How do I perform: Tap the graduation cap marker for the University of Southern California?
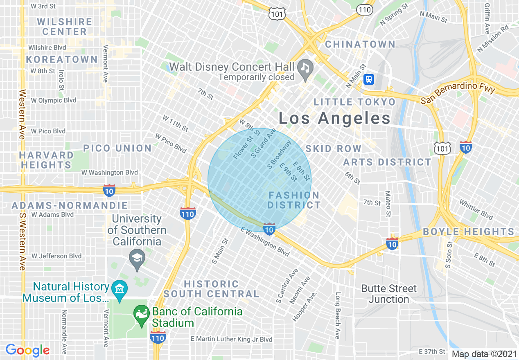click(137, 258)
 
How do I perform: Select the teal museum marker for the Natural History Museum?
click(120, 290)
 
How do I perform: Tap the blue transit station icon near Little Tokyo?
click(369, 79)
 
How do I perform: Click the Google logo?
click(27, 350)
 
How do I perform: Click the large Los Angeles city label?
click(334, 119)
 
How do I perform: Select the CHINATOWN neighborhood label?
click(360, 44)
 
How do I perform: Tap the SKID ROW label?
click(334, 148)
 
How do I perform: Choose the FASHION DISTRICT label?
click(294, 200)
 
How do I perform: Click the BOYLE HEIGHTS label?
click(468, 232)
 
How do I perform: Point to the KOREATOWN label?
click(62, 60)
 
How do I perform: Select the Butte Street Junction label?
click(388, 294)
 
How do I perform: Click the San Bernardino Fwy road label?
click(458, 94)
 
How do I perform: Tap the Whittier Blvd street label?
click(476, 209)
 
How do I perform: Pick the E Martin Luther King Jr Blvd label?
click(231, 339)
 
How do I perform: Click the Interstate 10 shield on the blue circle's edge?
click(269, 229)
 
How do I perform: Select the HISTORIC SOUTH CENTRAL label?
click(211, 289)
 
